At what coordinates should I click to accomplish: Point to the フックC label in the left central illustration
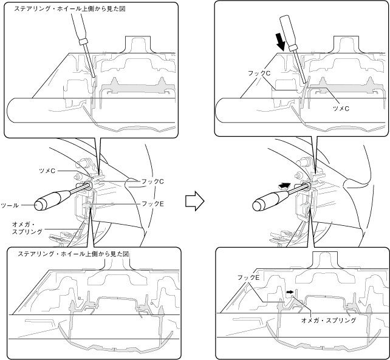coord(149,182)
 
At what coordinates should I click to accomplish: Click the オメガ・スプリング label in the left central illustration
coord(27,228)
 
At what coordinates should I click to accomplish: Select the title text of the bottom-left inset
coord(74,253)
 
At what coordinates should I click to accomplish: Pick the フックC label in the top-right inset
coord(259,72)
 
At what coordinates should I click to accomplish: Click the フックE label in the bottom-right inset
coord(250,277)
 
